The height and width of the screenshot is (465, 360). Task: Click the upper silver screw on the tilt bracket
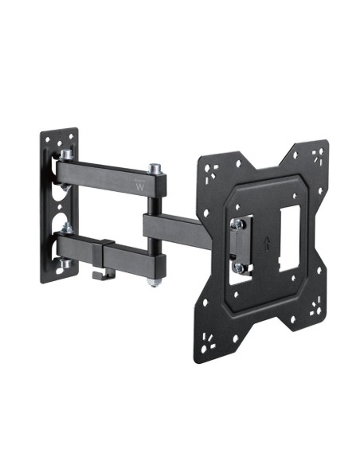(x=237, y=225)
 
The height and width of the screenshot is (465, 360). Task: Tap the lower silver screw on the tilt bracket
(x=237, y=267)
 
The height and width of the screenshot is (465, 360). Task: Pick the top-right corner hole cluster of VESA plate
(x=318, y=154)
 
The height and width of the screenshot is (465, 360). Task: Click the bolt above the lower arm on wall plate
(x=66, y=229)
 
